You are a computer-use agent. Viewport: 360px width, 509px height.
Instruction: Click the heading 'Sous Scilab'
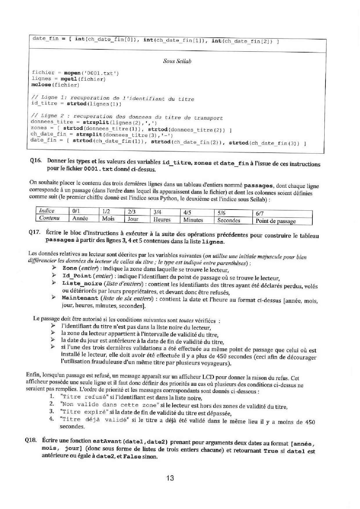177,61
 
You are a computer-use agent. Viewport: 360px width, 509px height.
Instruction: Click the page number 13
170,478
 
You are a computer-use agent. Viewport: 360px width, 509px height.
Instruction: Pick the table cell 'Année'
80,219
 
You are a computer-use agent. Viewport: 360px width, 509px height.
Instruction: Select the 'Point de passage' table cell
276,221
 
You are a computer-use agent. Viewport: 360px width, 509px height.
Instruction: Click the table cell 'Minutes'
193,220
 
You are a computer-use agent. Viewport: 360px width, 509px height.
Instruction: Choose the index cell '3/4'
157,212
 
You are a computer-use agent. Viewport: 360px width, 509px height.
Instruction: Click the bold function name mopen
72,73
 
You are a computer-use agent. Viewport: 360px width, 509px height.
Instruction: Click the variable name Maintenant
80,298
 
